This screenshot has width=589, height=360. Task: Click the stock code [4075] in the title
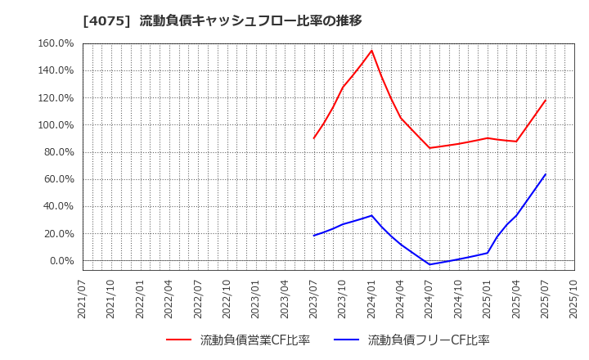pos(106,20)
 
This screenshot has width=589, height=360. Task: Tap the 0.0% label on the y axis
pos(62,261)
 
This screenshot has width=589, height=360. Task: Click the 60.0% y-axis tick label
pos(60,179)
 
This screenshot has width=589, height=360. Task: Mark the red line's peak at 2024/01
pos(371,51)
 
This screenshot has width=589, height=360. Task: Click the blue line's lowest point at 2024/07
pos(429,264)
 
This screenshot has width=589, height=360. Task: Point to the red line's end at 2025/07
pos(546,100)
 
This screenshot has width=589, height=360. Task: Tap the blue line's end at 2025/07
pos(546,173)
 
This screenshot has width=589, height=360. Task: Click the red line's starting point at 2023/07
pos(314,138)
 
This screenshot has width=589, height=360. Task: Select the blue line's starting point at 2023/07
pos(314,236)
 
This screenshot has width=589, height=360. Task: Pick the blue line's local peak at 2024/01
pos(371,216)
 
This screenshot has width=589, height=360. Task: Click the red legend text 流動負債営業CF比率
pos(254,340)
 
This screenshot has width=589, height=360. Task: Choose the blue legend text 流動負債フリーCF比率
pos(429,340)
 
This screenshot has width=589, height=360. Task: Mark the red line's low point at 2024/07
pos(429,148)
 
